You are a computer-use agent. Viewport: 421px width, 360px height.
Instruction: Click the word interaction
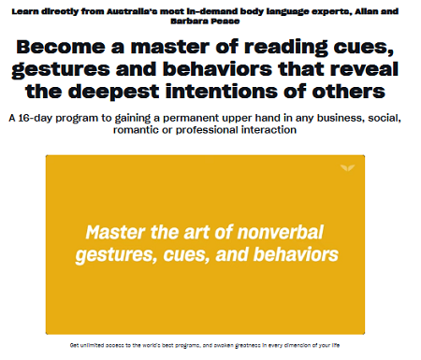pos(273,130)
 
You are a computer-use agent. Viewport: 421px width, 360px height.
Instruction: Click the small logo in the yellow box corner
pos(347,167)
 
